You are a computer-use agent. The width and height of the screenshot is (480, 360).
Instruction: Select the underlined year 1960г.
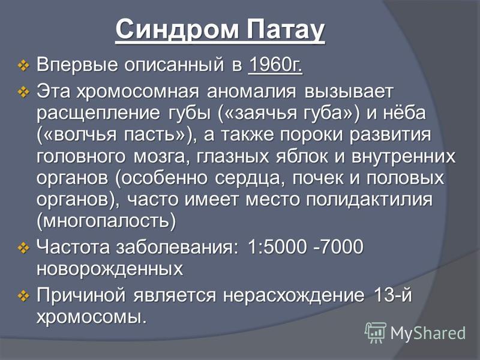(275, 65)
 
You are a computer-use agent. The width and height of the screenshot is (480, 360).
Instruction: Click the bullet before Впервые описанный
(23, 65)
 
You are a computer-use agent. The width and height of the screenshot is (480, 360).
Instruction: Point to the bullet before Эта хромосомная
(23, 92)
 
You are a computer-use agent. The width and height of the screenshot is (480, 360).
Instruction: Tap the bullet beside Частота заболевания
(23, 247)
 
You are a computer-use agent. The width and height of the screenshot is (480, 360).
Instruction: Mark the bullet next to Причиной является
(23, 296)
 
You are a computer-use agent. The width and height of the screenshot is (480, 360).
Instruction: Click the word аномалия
(251, 92)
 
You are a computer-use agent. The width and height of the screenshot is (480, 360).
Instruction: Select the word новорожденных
(110, 269)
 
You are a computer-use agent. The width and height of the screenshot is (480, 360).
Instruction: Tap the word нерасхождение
(294, 296)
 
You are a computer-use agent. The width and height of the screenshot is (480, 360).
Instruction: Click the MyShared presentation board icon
(376, 333)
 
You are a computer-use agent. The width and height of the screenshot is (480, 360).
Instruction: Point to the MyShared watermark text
(428, 333)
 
